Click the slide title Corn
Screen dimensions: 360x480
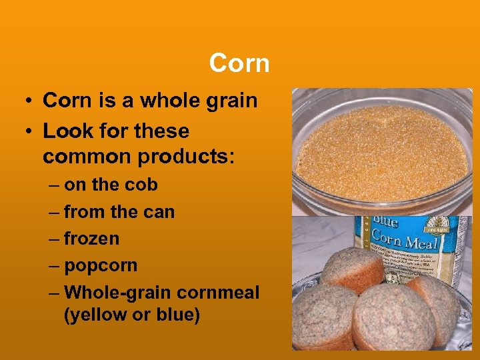point(239,63)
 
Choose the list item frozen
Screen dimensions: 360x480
point(91,238)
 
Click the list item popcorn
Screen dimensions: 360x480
point(101,265)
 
